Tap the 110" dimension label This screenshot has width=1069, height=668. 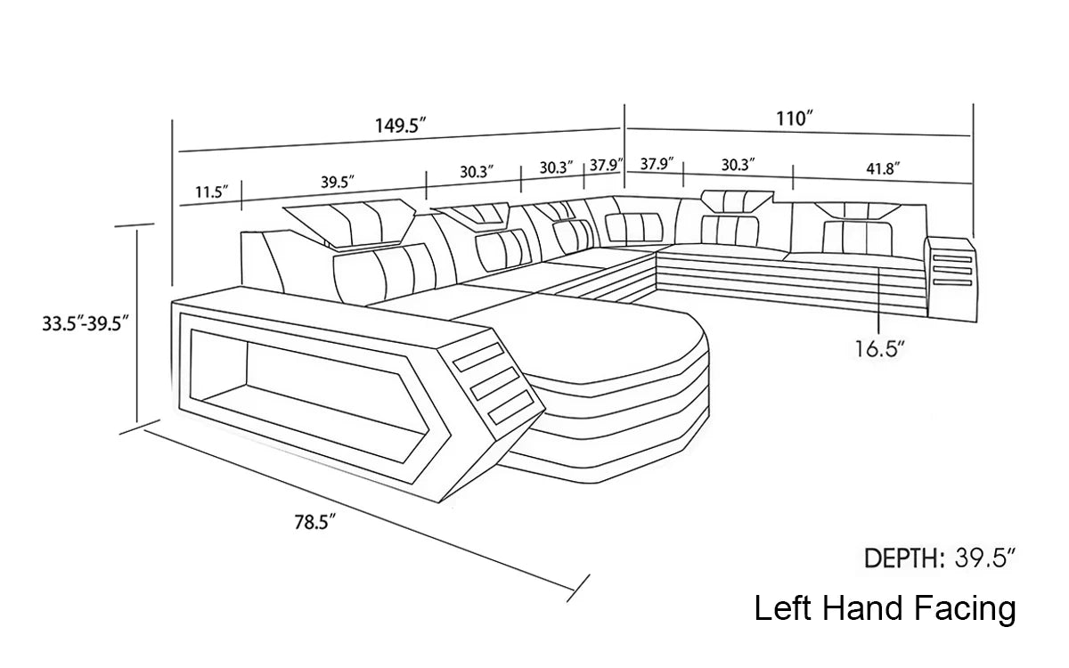point(795,118)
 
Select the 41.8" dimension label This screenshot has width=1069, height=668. point(881,167)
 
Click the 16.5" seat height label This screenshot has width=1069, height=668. point(879,349)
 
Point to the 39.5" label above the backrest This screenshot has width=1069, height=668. point(338,182)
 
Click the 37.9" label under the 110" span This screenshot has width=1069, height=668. point(657,164)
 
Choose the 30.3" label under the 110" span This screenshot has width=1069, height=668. point(738,164)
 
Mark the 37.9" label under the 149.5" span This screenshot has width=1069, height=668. point(606,167)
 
